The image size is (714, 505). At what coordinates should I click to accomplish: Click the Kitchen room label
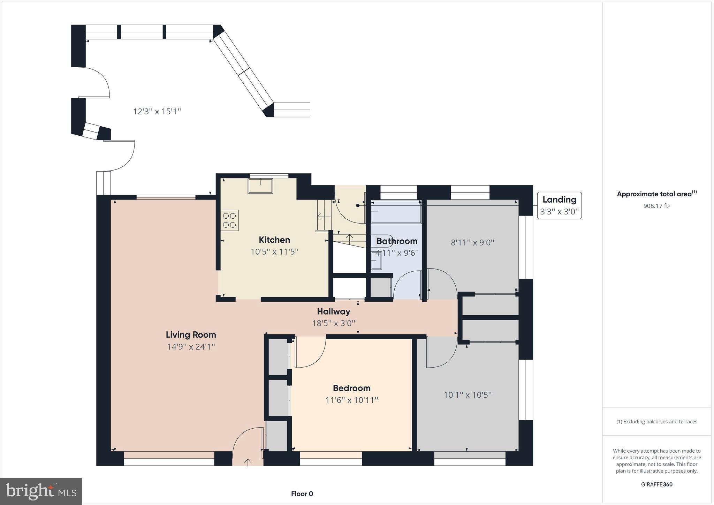tap(274, 240)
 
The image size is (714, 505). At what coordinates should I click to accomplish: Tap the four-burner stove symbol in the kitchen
tap(229, 220)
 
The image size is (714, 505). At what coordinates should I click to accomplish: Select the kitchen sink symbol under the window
tap(260, 186)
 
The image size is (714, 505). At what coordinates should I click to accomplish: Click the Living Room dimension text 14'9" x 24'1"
tap(191, 347)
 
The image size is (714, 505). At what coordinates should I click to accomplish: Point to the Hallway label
tap(333, 311)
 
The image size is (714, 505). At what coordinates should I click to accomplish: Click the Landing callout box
tap(559, 205)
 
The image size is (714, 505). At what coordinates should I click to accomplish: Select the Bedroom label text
tap(351, 388)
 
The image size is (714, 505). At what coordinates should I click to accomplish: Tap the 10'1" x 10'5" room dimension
tap(467, 395)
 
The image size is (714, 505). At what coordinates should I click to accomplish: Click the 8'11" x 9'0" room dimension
tap(472, 242)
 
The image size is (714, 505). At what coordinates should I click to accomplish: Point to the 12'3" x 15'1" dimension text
tap(157, 111)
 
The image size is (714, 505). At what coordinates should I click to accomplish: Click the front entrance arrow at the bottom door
tap(248, 462)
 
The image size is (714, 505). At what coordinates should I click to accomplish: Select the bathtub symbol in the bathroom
tap(396, 212)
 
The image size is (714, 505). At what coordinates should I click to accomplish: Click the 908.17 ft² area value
tap(656, 206)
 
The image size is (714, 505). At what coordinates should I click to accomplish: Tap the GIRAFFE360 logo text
tap(656, 484)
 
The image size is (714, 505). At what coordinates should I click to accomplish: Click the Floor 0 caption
tap(302, 493)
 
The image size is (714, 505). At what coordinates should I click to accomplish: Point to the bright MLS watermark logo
tap(41, 491)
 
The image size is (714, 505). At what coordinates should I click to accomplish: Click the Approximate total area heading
tap(656, 194)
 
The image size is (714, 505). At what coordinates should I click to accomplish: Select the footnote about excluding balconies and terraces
tap(656, 421)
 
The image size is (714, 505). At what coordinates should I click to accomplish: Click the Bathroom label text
tap(397, 241)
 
